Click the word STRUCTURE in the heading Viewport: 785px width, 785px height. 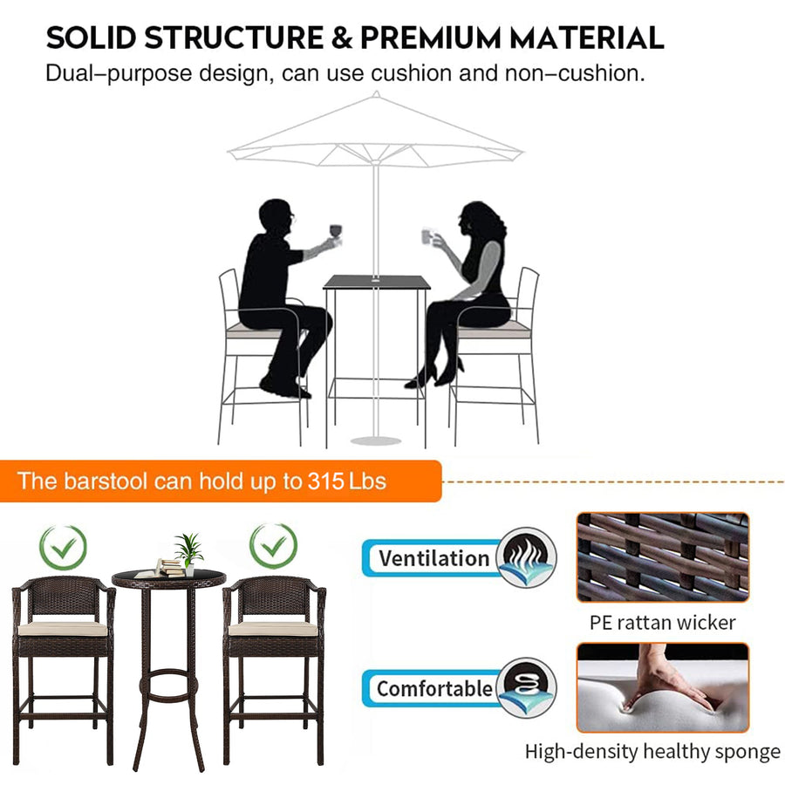tap(234, 38)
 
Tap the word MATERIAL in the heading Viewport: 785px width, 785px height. tap(587, 38)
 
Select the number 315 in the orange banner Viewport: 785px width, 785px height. tap(325, 481)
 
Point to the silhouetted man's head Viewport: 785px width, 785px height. tap(276, 217)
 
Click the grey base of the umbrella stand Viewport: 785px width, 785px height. tap(376, 441)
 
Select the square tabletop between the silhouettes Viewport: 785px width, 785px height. tap(377, 282)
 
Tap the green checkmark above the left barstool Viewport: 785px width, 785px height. tap(63, 547)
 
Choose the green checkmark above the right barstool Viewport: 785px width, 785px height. tap(273, 546)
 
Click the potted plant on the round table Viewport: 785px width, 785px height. tap(188, 554)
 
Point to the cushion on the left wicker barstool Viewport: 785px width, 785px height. tap(63, 628)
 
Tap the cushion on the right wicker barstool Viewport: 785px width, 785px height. tap(273, 628)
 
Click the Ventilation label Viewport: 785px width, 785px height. tap(433, 558)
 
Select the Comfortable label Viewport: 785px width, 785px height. tap(433, 688)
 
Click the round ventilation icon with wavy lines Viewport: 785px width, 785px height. tap(526, 557)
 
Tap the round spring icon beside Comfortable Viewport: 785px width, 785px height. tap(526, 687)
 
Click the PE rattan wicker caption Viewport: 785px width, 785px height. tap(662, 623)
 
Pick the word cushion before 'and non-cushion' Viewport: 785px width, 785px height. tap(412, 73)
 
